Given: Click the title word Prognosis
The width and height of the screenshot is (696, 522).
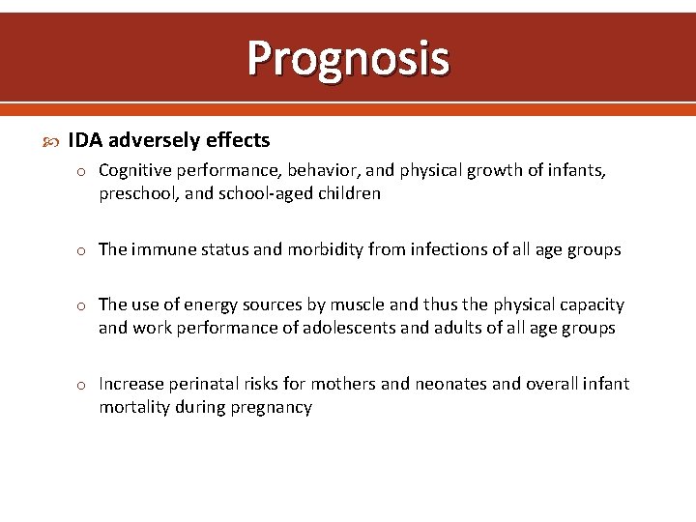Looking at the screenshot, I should [x=348, y=57].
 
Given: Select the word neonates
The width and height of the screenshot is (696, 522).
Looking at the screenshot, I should [x=450, y=384].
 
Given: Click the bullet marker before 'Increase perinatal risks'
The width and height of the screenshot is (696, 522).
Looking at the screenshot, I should [x=83, y=385].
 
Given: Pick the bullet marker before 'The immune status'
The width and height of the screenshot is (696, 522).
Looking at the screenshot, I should [x=83, y=250].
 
